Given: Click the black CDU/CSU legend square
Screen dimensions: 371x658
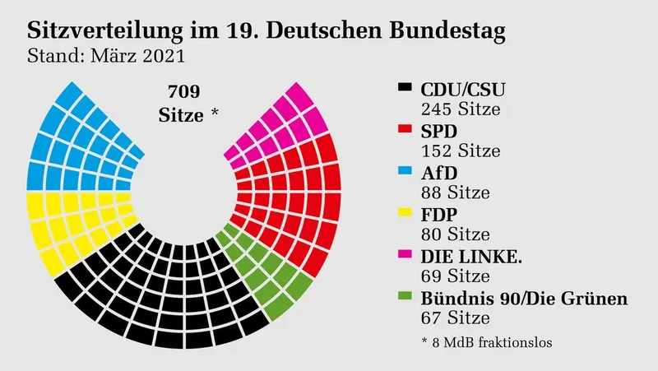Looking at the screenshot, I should [404, 88].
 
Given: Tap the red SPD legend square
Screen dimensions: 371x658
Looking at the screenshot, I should [404, 131].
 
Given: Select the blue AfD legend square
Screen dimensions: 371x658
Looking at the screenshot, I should [404, 173].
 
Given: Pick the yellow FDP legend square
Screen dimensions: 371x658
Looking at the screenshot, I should [404, 216].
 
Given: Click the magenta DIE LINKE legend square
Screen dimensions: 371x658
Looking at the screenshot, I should [404, 257].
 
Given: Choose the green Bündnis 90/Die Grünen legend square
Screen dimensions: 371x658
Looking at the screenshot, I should [404, 299].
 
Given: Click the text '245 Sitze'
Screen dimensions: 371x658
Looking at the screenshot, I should [461, 108].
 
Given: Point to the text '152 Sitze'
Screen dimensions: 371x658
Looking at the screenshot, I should [461, 151].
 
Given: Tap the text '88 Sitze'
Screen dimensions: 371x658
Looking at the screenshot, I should [455, 192].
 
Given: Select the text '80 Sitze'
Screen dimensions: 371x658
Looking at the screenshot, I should [455, 235].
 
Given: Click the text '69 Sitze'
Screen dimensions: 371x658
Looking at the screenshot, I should [455, 277].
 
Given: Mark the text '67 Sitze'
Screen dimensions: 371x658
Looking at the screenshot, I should [455, 319].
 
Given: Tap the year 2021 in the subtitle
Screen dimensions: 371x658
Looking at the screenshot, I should [162, 58].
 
